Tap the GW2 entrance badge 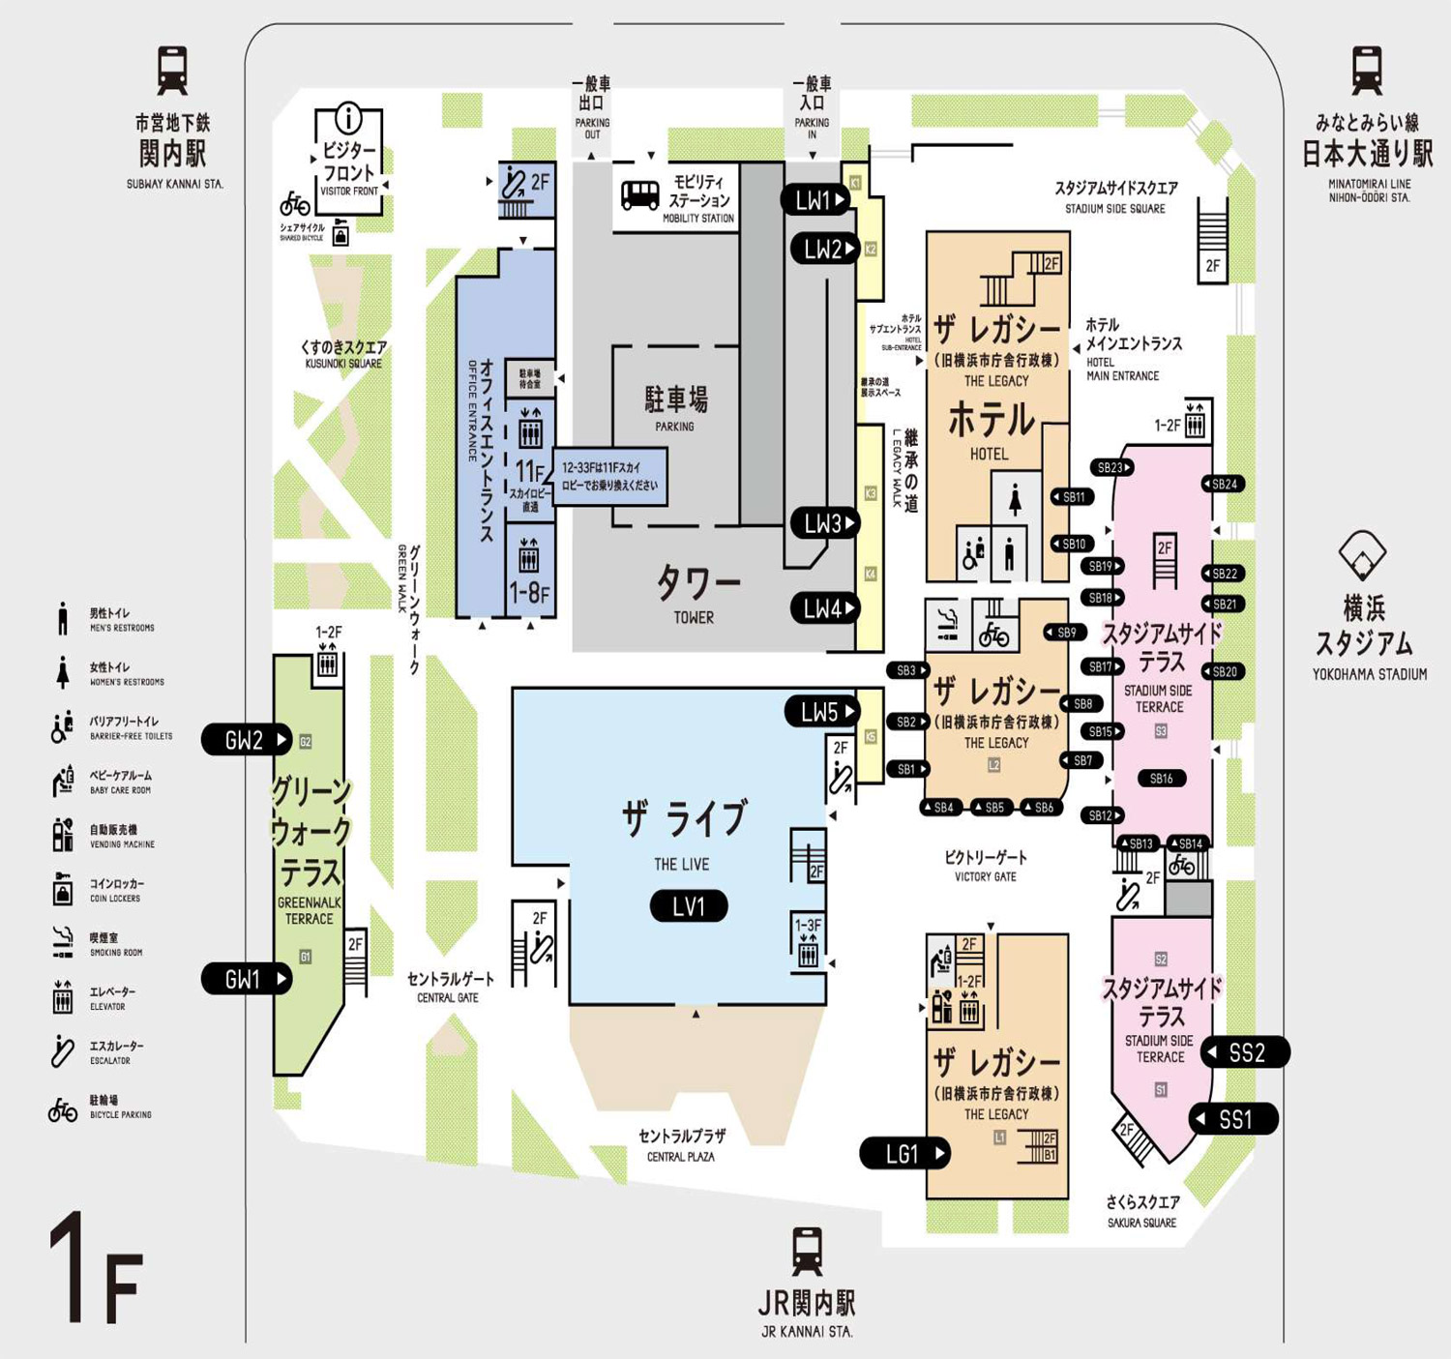(x=247, y=740)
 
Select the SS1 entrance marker (x=1234, y=1119)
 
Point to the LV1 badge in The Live (x=689, y=906)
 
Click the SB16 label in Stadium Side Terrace (x=1161, y=778)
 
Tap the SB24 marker (x=1223, y=484)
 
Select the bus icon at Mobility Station (x=639, y=195)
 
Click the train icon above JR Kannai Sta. (x=807, y=1251)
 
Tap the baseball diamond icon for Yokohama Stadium (x=1362, y=554)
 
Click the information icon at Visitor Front (x=348, y=119)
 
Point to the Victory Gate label (x=986, y=865)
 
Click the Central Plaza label (x=681, y=1144)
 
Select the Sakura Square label (x=1142, y=1210)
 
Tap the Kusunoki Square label (x=343, y=354)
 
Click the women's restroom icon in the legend (x=63, y=672)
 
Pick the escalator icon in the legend (x=63, y=1051)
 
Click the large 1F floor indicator (x=97, y=1269)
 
